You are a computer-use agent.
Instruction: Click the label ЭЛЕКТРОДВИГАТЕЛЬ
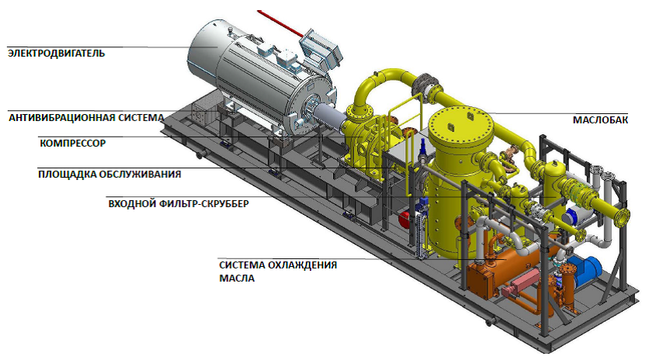[57, 54]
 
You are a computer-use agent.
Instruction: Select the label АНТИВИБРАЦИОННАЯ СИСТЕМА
[86, 118]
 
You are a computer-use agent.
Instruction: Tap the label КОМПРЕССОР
[73, 144]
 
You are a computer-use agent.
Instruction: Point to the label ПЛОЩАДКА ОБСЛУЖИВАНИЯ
[109, 174]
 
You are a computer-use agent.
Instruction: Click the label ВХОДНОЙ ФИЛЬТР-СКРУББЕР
[179, 203]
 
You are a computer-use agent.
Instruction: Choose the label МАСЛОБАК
[601, 120]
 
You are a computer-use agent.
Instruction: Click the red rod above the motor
[280, 23]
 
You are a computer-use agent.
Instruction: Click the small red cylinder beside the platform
[404, 219]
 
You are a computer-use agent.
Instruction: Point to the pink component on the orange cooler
[520, 283]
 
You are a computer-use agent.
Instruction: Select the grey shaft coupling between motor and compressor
[328, 117]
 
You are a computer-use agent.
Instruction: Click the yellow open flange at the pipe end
[623, 216]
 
